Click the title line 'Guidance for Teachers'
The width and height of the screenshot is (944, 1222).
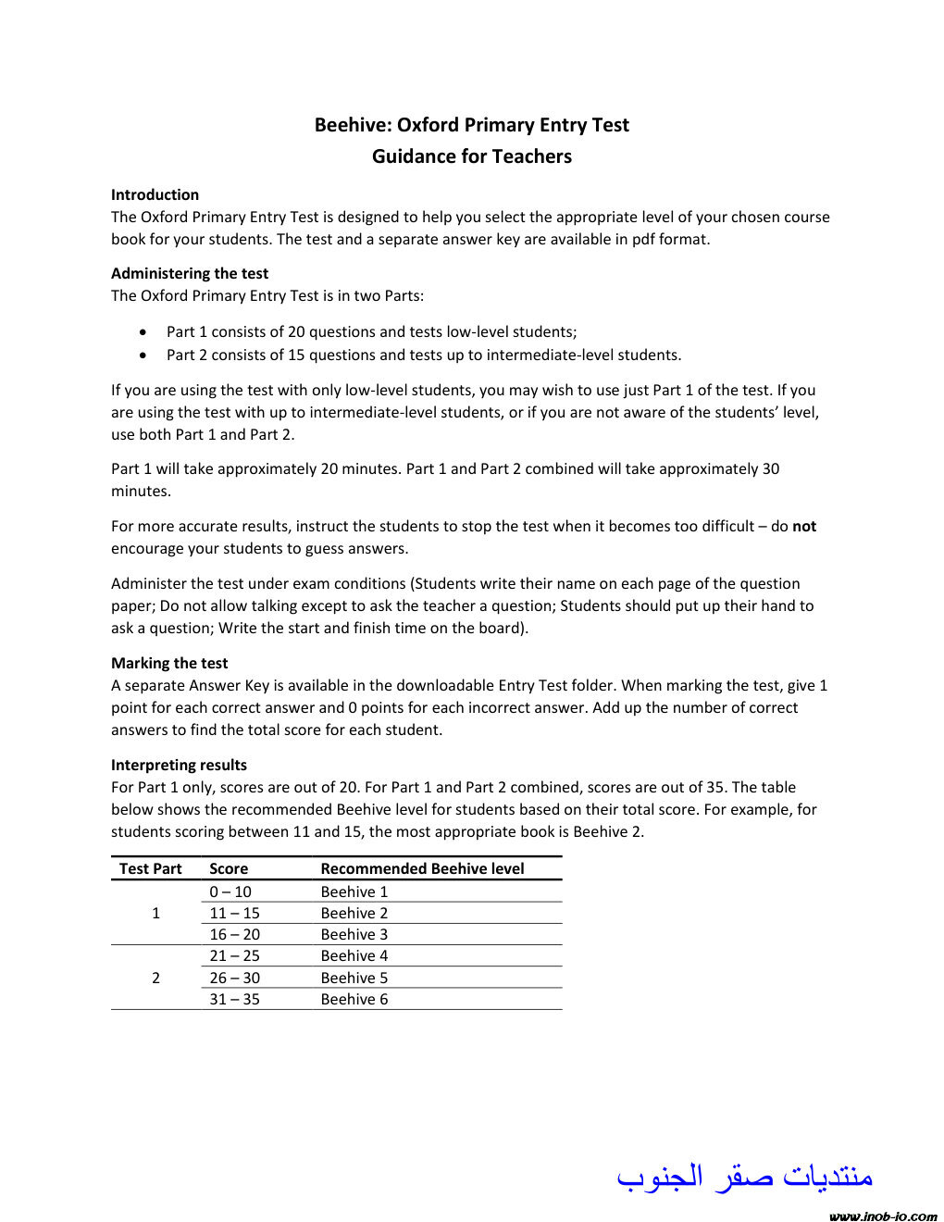[x=472, y=156]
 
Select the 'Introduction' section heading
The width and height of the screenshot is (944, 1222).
[x=155, y=194]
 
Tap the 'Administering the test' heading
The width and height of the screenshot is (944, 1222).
[x=190, y=273]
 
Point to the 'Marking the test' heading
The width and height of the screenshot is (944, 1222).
[x=169, y=663]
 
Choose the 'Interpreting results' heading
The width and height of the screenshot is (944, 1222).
[x=179, y=765]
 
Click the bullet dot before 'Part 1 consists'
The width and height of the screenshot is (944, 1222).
[x=143, y=331]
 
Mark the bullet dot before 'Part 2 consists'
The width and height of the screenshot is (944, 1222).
[x=143, y=355]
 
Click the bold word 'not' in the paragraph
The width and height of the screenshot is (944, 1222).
[x=804, y=526]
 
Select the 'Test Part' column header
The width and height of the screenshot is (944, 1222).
[x=151, y=868]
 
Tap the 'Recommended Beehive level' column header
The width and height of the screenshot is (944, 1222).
[x=422, y=868]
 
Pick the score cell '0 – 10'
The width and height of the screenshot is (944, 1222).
[x=230, y=892]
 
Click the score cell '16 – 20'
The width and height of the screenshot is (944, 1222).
[x=234, y=934]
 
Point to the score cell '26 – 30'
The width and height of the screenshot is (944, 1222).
[x=234, y=978]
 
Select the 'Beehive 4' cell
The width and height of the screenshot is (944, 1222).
[x=354, y=955]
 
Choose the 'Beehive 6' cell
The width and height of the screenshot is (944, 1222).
[x=354, y=999]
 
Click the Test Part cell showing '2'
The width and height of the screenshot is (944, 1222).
[x=155, y=978]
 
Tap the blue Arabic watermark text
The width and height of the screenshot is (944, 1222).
[x=745, y=1177]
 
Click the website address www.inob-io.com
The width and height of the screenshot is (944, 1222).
[x=884, y=1216]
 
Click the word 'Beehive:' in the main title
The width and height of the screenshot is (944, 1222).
[x=354, y=125]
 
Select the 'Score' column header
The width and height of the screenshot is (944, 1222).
[x=229, y=868]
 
